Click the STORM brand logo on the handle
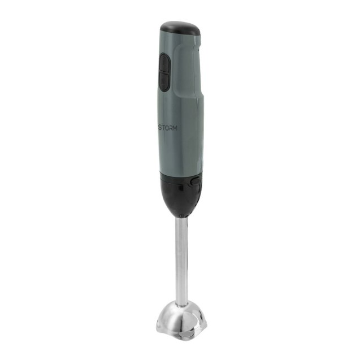[x=168, y=128]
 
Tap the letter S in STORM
[x=161, y=128]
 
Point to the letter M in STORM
[x=175, y=129]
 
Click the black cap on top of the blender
[x=180, y=28]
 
